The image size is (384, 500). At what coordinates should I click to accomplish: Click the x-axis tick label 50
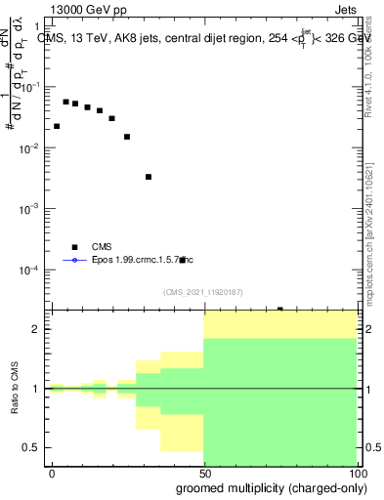[203, 472]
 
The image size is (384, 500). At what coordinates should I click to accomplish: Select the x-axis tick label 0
[51, 472]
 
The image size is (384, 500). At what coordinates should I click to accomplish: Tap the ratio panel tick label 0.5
[31, 447]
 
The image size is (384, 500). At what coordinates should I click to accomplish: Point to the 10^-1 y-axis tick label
[29, 87]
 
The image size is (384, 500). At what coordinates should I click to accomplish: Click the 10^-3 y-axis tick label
[29, 209]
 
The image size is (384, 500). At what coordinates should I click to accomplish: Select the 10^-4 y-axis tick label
[29, 270]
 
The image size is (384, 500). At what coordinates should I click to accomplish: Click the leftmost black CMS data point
[57, 126]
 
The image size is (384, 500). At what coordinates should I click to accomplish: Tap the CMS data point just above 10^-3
[149, 177]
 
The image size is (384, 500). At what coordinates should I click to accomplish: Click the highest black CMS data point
[65, 102]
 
